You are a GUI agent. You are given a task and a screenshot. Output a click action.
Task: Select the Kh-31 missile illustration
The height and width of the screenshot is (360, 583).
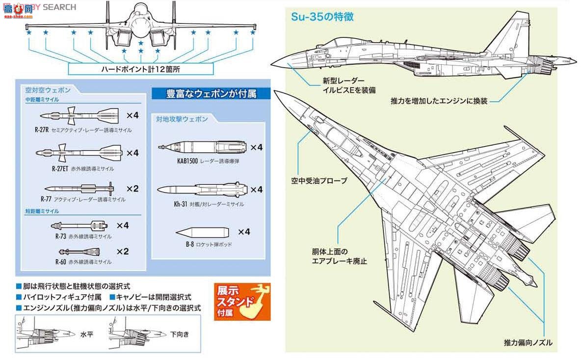pyautogui.click(x=201, y=190)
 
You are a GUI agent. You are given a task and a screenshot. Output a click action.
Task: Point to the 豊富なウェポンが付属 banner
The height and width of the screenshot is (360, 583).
pyautogui.click(x=211, y=93)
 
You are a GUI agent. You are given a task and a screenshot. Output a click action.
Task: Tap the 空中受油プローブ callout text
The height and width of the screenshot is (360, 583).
pyautogui.click(x=319, y=181)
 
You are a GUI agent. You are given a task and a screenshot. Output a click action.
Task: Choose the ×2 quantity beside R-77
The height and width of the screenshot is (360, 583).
pyautogui.click(x=132, y=188)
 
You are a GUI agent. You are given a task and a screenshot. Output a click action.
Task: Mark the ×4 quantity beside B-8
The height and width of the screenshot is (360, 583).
pyautogui.click(x=244, y=231)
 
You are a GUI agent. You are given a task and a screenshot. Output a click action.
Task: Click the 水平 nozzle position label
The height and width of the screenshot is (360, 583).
pyautogui.click(x=86, y=333)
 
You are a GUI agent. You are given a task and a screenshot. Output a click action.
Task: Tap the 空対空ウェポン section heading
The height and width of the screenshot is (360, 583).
pyautogui.click(x=48, y=90)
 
